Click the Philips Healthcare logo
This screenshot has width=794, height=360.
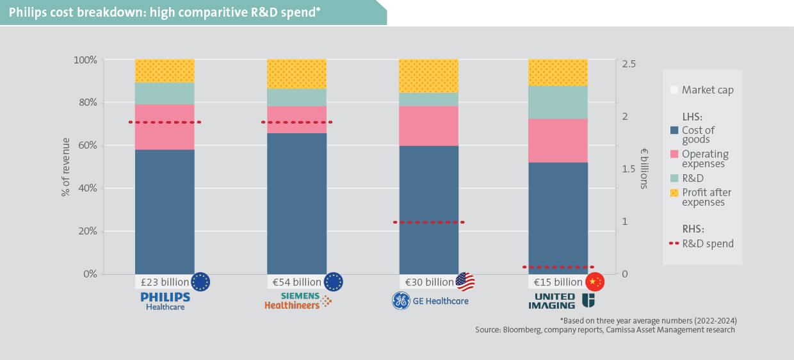click(165, 301)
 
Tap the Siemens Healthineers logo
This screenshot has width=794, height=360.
click(298, 300)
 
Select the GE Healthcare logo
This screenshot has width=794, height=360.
click(430, 301)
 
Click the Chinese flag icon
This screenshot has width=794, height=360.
click(595, 282)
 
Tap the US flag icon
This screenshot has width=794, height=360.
click(466, 282)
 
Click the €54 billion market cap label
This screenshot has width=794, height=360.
click(296, 282)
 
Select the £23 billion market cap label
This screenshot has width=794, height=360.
click(165, 282)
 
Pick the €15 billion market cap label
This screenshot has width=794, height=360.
click(558, 282)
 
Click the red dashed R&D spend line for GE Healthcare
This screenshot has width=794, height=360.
click(428, 222)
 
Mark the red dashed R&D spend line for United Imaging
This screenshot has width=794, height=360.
click(558, 267)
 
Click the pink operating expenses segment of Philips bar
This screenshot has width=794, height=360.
click(165, 127)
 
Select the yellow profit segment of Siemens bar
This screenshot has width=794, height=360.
click(296, 74)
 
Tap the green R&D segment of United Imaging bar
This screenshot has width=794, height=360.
click(558, 102)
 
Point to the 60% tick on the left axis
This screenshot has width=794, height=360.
click(86, 145)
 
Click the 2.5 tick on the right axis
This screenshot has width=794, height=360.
click(629, 64)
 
